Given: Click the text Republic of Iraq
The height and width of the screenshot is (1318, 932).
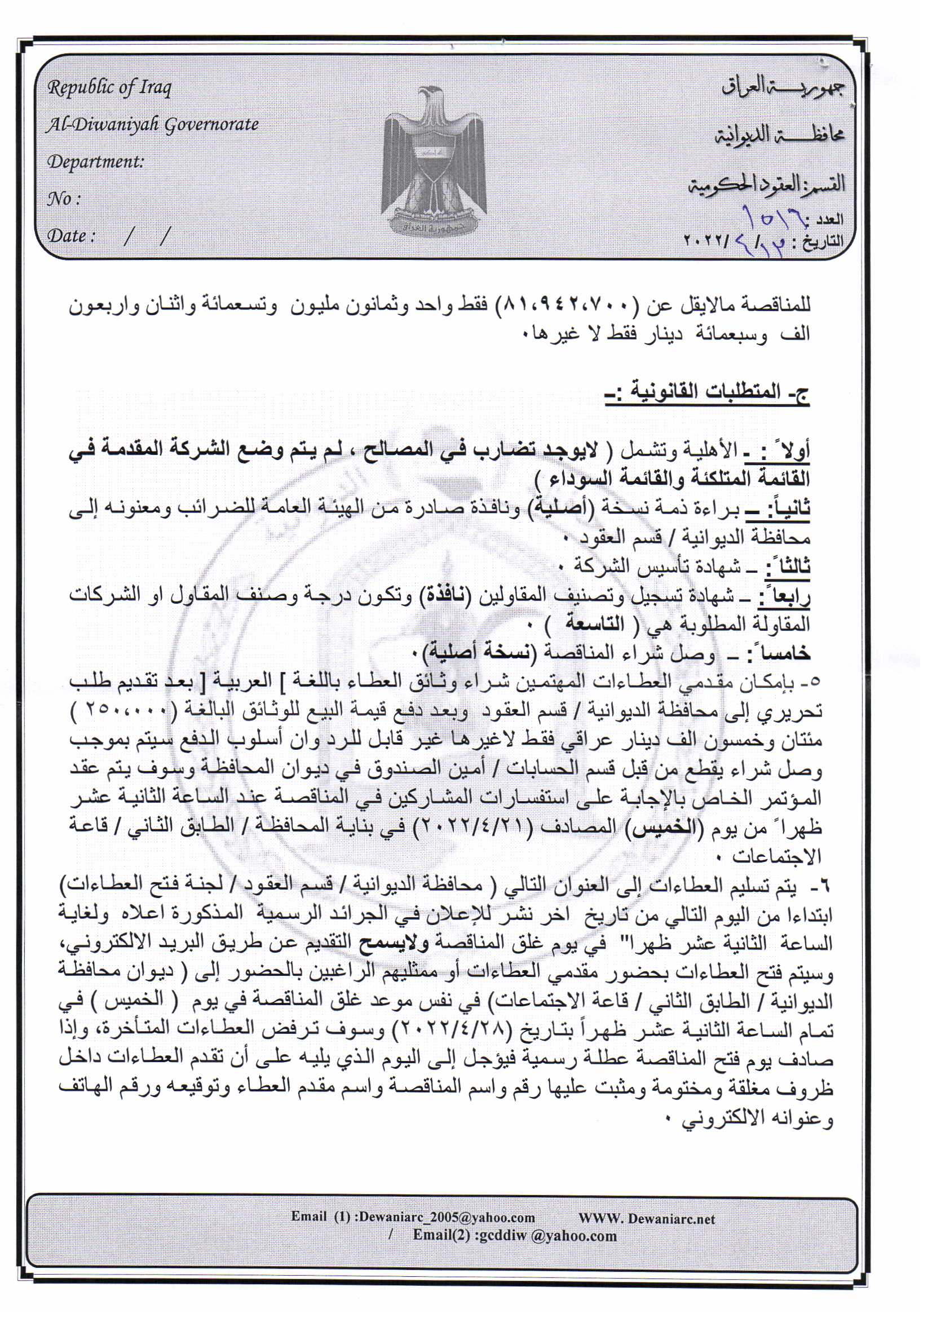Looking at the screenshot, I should click(x=110, y=88).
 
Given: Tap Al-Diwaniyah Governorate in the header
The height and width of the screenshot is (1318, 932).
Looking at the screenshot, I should click(x=153, y=125).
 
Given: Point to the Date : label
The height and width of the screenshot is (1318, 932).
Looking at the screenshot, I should click(x=71, y=236).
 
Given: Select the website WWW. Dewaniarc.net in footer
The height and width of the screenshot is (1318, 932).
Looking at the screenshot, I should click(x=647, y=1218).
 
